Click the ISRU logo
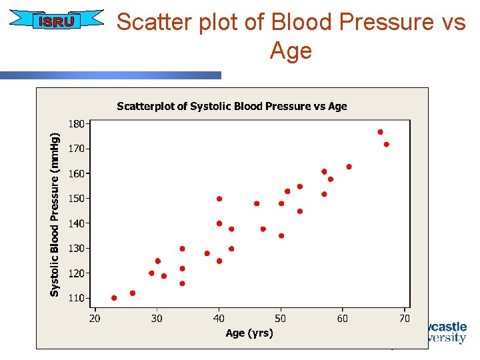pyautogui.click(x=57, y=22)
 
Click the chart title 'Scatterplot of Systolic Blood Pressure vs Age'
pyautogui.click(x=231, y=106)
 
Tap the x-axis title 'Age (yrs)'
pyautogui.click(x=249, y=333)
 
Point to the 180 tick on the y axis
pyautogui.click(x=76, y=124)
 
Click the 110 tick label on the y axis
pyautogui.click(x=76, y=298)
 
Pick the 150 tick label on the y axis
pyautogui.click(x=76, y=199)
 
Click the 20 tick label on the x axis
pyautogui.click(x=95, y=318)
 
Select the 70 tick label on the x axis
pyautogui.click(x=404, y=318)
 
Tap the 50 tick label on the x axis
pyautogui.click(x=281, y=318)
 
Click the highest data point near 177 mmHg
pyautogui.click(x=380, y=132)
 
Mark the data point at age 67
pyautogui.click(x=386, y=145)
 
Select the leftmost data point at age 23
pyautogui.click(x=114, y=298)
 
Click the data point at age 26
pyautogui.click(x=133, y=293)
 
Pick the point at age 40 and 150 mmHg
pyautogui.click(x=219, y=199)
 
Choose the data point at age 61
pyautogui.click(x=349, y=167)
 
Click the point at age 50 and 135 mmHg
pyautogui.click(x=281, y=236)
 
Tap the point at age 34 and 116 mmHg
pyautogui.click(x=182, y=283)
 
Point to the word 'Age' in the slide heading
pyautogui.click(x=291, y=50)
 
